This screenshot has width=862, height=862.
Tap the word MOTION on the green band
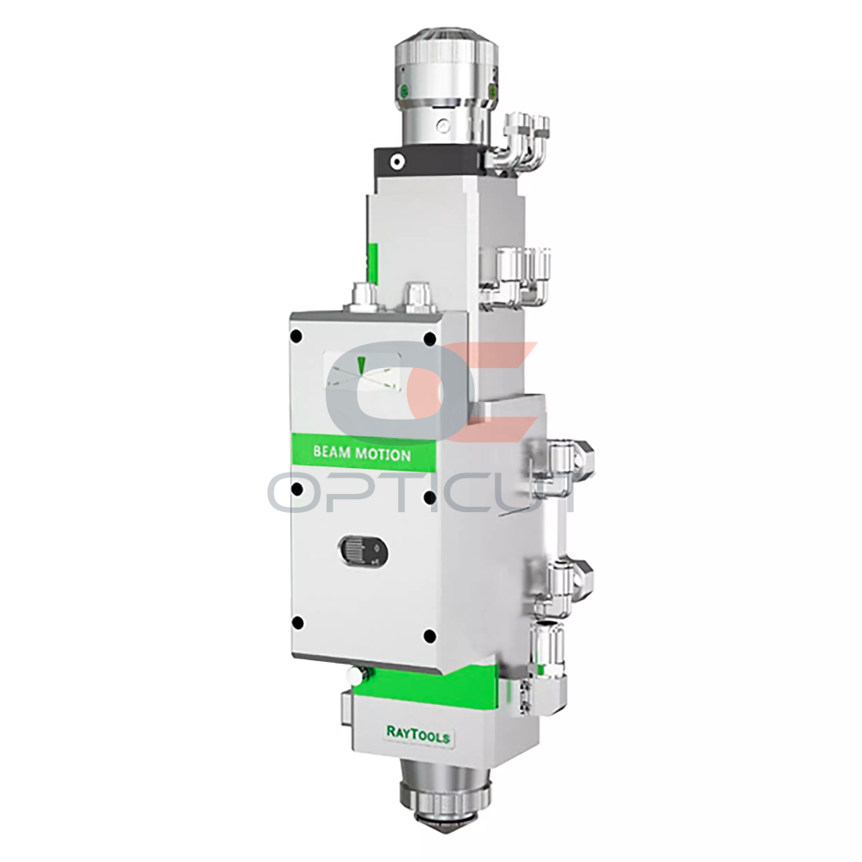tap(384, 454)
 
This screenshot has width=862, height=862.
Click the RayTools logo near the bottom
tap(418, 734)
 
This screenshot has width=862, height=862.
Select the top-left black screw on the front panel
tap(297, 334)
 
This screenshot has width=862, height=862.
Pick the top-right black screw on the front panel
tap(430, 339)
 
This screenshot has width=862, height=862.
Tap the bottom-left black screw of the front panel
tap(297, 623)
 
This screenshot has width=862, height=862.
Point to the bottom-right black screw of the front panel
tap(430, 637)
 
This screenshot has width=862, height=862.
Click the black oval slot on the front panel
tap(364, 550)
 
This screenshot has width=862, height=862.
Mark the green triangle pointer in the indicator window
tap(361, 365)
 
